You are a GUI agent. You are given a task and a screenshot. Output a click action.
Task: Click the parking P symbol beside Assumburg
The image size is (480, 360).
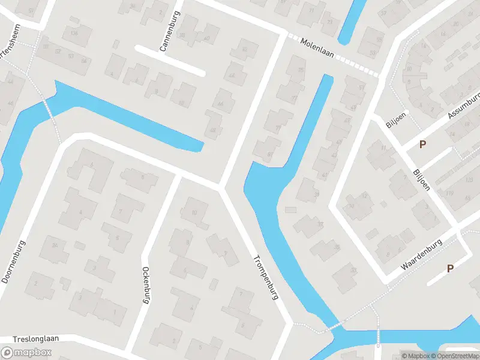[x=422, y=144]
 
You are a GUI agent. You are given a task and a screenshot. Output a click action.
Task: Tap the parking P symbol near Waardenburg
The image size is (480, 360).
[x=450, y=269]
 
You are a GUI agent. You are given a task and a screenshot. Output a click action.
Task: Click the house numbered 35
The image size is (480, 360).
[x=337, y=247]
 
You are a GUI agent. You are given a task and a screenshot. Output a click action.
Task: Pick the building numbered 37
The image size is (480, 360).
[x=320, y=224]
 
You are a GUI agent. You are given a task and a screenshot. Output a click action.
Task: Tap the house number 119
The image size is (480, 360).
[x=449, y=193]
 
